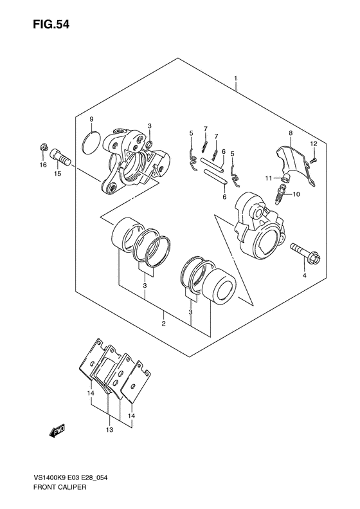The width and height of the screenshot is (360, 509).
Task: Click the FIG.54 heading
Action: coord(51,24)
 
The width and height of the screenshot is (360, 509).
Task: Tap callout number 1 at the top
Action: coord(236,79)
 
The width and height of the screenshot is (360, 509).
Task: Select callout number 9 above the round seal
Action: coord(91,120)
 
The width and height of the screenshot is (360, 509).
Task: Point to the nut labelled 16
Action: coord(43,148)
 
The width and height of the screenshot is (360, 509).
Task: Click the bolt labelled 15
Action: coord(60,158)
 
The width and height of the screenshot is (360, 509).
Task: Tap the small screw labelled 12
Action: coord(313,160)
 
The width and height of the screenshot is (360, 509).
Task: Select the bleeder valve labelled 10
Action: coord(280,194)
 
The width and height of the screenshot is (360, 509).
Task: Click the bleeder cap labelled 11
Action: coord(285,178)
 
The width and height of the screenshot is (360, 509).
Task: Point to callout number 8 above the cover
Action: coord(291,133)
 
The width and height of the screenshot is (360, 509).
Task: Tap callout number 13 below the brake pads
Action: coord(109,430)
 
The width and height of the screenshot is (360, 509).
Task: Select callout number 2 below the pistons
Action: coord(163,323)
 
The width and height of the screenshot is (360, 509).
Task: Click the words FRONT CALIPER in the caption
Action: coord(59,496)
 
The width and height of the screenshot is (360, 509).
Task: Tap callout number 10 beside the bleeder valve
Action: coord(296,194)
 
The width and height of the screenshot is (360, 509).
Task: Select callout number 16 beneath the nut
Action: coord(43,165)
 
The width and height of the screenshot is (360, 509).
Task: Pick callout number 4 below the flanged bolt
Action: coord(304,275)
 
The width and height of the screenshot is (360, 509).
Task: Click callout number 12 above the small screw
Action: coord(313,143)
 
